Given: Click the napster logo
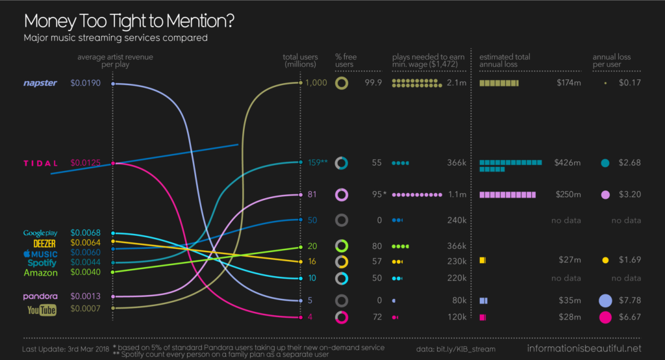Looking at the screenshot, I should coord(40,83).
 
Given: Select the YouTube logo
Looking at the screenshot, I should coord(42,310).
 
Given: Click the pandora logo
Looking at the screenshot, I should coord(40,296).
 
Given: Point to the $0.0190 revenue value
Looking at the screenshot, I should coord(85,83).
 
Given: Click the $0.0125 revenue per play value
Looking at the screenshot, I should coord(85,163).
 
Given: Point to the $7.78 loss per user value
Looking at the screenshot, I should coord(630,301).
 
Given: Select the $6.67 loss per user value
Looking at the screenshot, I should coord(630,317).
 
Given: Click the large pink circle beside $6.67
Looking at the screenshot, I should coord(605,317).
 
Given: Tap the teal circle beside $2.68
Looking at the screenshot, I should coord(605,163).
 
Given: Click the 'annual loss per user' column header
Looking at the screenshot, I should coord(612,60).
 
